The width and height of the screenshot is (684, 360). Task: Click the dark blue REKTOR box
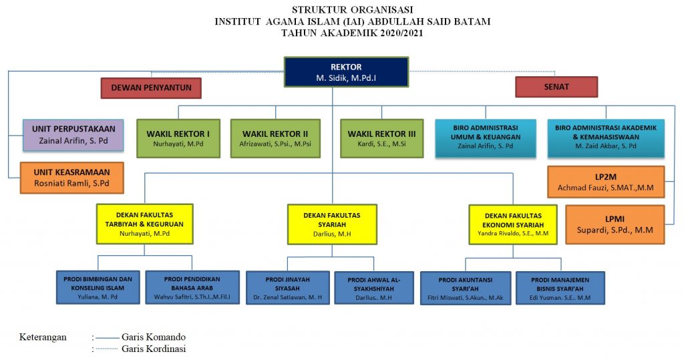pos(347,72)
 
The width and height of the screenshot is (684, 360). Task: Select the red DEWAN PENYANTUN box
pos(151,87)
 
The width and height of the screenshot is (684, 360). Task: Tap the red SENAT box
pos(556,87)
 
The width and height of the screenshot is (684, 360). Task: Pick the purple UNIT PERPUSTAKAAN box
pos(73,136)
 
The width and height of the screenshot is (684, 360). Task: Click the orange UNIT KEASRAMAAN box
pos(72,178)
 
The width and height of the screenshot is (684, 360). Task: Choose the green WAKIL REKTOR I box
pos(178,138)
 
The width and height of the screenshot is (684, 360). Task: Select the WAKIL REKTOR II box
pos(275,138)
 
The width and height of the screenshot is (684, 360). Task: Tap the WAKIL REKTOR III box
pos(381,138)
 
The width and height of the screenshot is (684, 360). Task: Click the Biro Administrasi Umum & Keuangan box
pos(486,138)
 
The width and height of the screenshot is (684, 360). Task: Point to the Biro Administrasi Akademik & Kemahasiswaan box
pos(606,138)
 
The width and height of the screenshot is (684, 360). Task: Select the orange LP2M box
pos(606,182)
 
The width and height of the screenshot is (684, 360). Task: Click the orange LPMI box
pos(615,224)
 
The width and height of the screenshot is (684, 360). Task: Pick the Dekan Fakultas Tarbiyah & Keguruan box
pos(145,224)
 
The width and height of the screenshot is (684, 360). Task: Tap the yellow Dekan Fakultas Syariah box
pos(332,224)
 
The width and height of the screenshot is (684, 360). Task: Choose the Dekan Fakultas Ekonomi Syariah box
pos(513,224)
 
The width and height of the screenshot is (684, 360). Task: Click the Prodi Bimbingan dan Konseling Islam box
pos(98,288)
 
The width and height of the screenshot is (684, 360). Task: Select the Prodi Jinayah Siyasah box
pos(287,288)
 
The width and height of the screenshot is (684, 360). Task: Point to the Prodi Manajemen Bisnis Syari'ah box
pos(560,288)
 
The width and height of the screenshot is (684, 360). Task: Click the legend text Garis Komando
pos(154,337)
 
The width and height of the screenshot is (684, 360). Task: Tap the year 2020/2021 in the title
pos(401,33)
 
